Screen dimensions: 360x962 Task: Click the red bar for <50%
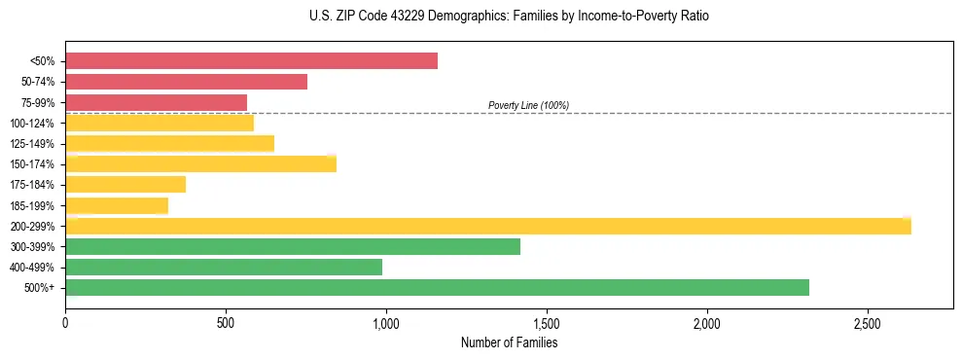pyautogui.click(x=251, y=61)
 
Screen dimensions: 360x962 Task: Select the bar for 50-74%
pyautogui.click(x=186, y=82)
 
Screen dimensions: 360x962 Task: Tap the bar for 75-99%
pyautogui.click(x=156, y=102)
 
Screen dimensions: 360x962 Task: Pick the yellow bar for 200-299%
pyautogui.click(x=487, y=226)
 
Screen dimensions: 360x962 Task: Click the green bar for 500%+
pyautogui.click(x=437, y=287)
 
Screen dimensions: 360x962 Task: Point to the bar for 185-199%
pyautogui.click(x=117, y=205)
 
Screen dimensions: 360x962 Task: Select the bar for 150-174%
pyautogui.click(x=200, y=163)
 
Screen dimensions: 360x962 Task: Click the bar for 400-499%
pyautogui.click(x=224, y=267)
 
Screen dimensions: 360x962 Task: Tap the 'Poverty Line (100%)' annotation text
pyautogui.click(x=528, y=105)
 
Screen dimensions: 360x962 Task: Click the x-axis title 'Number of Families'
pyautogui.click(x=509, y=342)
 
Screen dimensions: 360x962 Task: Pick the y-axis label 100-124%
pyautogui.click(x=32, y=124)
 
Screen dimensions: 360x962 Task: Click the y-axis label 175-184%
pyautogui.click(x=32, y=185)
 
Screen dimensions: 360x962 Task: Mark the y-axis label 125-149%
pyautogui.click(x=32, y=144)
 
